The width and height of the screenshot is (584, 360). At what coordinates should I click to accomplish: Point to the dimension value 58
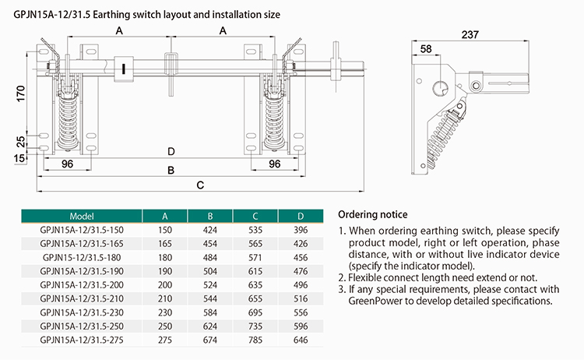[x=426, y=49]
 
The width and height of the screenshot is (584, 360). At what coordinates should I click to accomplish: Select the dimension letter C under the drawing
[x=200, y=185]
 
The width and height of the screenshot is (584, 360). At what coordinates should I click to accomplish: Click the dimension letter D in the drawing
[x=171, y=151]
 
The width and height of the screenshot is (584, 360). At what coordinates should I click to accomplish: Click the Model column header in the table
[x=82, y=216]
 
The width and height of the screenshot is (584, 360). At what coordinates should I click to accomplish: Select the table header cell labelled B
[x=209, y=216]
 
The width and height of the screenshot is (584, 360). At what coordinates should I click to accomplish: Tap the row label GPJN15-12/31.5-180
[x=82, y=256]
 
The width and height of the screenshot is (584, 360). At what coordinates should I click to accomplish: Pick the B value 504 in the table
[x=209, y=270]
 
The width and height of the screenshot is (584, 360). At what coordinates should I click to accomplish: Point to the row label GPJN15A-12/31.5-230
[x=82, y=312]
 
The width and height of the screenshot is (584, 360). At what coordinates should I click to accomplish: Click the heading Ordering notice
[x=373, y=214]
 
